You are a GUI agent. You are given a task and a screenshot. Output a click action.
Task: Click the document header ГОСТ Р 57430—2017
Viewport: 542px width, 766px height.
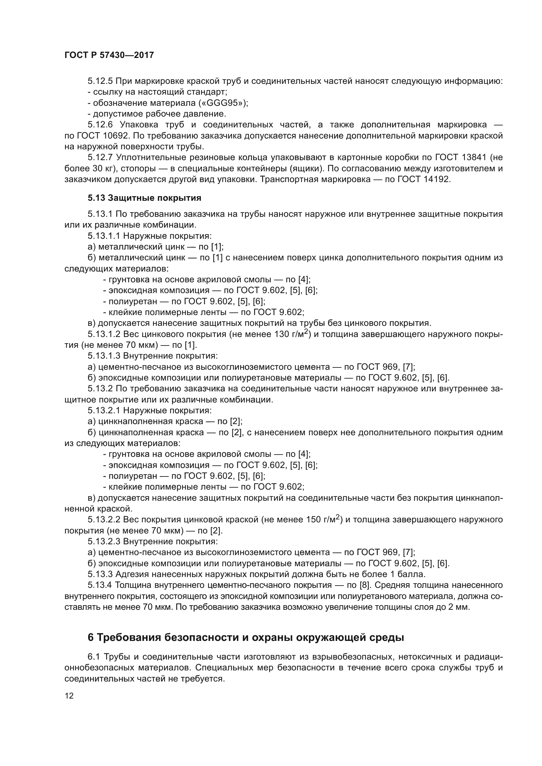109,55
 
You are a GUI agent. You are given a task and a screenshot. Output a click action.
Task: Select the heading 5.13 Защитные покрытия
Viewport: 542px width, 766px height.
145,198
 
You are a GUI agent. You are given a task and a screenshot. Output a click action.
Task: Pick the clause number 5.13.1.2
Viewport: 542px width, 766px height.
104,334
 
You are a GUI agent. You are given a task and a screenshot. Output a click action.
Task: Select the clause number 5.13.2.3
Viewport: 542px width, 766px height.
104,541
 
